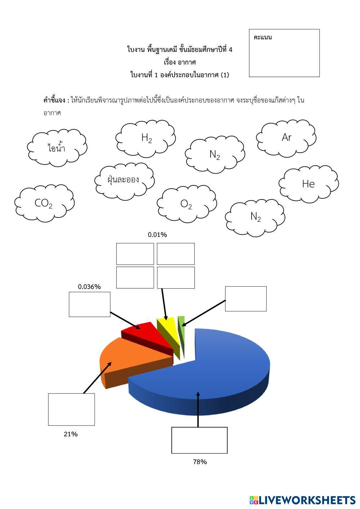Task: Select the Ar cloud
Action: point(286,138)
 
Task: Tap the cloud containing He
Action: point(309,184)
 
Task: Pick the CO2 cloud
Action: point(44,203)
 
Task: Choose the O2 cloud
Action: point(186,204)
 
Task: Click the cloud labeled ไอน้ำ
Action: point(57,148)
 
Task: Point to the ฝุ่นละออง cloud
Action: point(124,179)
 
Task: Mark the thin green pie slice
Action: point(181,324)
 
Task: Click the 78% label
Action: point(200,462)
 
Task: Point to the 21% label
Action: point(71,434)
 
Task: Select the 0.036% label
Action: point(89,287)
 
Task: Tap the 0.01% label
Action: point(157,235)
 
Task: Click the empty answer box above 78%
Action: point(199,440)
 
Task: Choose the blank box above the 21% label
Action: point(71,409)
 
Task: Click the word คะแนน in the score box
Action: point(263,37)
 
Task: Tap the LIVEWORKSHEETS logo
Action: point(302,500)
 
